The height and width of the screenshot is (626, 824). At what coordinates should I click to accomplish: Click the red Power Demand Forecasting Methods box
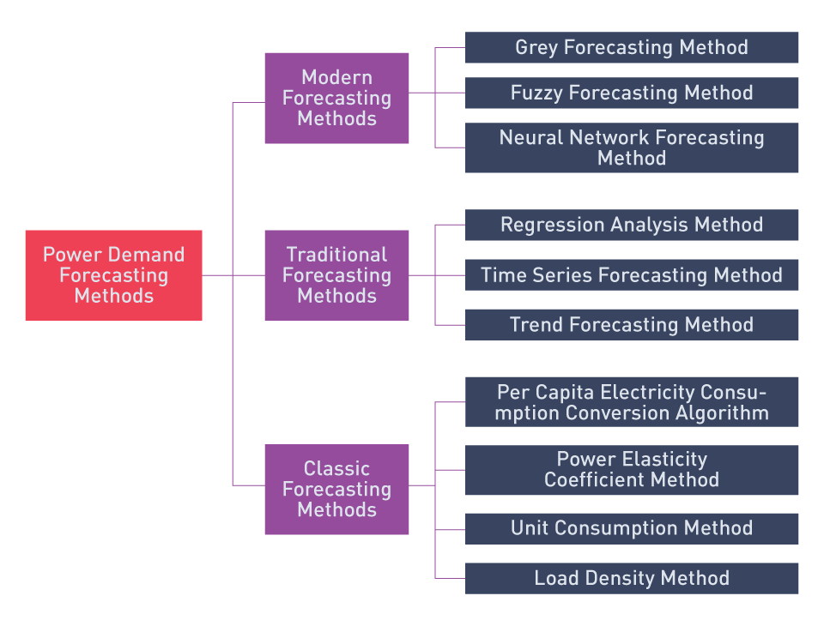[113, 275]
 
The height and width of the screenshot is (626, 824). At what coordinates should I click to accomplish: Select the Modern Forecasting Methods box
[336, 99]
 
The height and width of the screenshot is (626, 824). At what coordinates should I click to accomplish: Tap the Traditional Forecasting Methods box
[336, 275]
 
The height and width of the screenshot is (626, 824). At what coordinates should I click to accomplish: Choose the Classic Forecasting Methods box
[336, 490]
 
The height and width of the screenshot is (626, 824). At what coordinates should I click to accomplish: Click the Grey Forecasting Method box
[632, 47]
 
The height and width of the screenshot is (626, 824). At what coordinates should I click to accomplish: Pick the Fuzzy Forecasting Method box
[632, 93]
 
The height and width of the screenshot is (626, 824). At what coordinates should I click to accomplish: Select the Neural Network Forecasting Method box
[632, 147]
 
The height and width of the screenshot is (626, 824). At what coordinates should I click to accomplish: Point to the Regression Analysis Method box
[632, 225]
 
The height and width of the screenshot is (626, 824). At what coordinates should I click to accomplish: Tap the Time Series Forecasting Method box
[632, 274]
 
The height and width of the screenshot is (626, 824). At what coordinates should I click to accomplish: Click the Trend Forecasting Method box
[632, 324]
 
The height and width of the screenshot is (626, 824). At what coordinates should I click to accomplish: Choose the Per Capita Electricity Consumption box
[632, 401]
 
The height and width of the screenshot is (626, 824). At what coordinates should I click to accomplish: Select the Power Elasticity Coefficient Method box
[632, 470]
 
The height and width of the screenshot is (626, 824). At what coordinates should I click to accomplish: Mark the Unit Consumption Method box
[632, 529]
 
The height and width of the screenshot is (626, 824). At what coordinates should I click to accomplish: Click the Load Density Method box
[632, 578]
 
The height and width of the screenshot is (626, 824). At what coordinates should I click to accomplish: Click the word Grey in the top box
[536, 48]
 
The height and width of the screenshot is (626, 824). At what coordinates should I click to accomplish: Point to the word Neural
[531, 137]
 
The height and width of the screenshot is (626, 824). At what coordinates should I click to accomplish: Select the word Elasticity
[664, 460]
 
